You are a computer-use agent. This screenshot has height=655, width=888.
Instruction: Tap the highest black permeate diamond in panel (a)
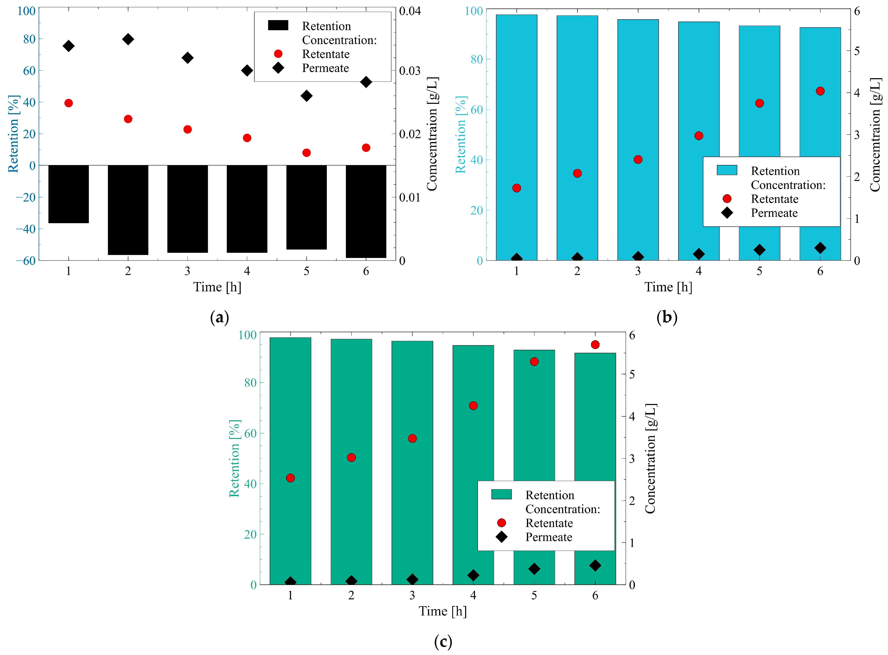click(128, 39)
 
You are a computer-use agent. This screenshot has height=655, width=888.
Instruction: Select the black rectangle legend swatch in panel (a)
click(278, 25)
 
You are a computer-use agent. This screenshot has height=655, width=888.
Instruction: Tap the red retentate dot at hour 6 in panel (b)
click(820, 91)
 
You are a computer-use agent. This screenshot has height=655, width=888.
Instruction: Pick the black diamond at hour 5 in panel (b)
click(759, 250)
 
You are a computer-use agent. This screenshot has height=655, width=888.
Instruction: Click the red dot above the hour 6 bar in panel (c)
click(595, 345)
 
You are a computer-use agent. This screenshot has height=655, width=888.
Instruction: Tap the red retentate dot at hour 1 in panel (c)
click(290, 478)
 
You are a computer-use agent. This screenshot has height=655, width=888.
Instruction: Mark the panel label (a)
click(219, 317)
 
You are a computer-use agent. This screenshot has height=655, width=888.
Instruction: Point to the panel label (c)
click(443, 641)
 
